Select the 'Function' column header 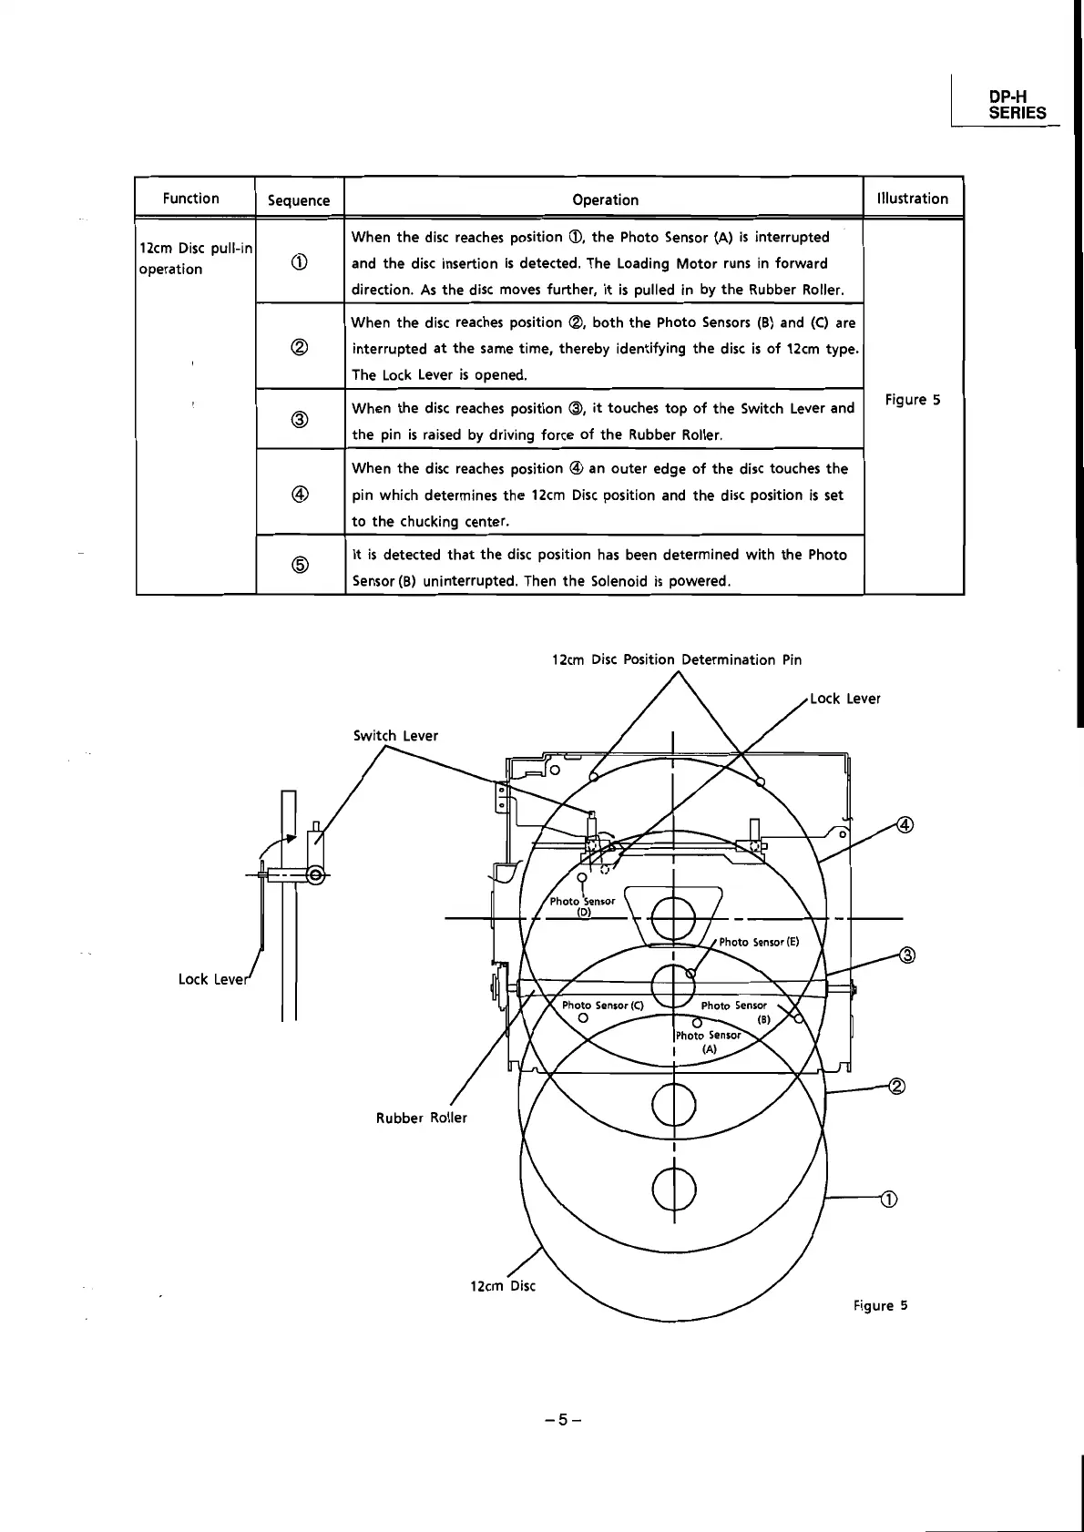pyautogui.click(x=190, y=199)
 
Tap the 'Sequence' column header pyautogui.click(x=299, y=200)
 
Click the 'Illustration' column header pyautogui.click(x=912, y=199)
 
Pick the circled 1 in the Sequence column pyautogui.click(x=299, y=262)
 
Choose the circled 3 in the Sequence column pyautogui.click(x=299, y=420)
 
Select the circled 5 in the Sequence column pyautogui.click(x=299, y=566)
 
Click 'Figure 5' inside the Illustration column pyautogui.click(x=912, y=400)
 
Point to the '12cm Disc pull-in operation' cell pyautogui.click(x=195, y=259)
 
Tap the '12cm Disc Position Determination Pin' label pyautogui.click(x=677, y=659)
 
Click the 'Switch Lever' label pyautogui.click(x=395, y=736)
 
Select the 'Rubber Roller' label pyautogui.click(x=421, y=1118)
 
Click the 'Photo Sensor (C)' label pyautogui.click(x=602, y=1006)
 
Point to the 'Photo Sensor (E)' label pyautogui.click(x=759, y=942)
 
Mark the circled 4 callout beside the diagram pyautogui.click(x=905, y=825)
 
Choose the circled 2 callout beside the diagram pyautogui.click(x=896, y=1086)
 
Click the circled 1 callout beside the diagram pyautogui.click(x=890, y=1199)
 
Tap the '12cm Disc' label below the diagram pyautogui.click(x=502, y=1286)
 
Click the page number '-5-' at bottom pyautogui.click(x=563, y=1419)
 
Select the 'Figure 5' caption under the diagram pyautogui.click(x=880, y=1305)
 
